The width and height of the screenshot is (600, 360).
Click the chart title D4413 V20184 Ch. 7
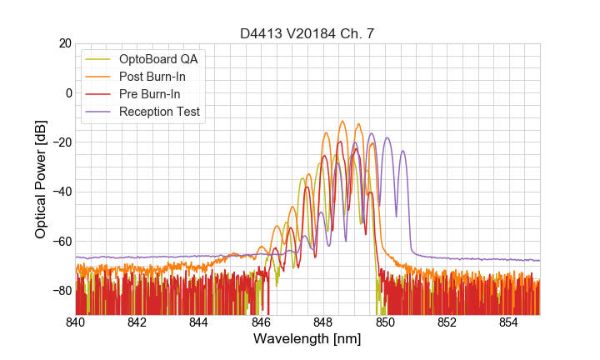(x=307, y=34)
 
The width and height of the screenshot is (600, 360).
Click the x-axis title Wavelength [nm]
(x=307, y=340)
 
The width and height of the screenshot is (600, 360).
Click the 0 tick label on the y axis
(x=65, y=92)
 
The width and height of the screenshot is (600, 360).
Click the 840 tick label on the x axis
(x=76, y=322)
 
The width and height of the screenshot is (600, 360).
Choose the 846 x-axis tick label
(x=261, y=322)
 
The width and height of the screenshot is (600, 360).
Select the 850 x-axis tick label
(x=385, y=322)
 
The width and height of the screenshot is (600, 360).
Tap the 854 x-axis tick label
(x=508, y=322)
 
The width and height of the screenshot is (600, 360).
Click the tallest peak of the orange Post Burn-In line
(x=342, y=122)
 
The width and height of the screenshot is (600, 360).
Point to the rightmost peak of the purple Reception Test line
(x=402, y=152)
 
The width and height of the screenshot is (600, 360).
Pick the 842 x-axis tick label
(x=137, y=322)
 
